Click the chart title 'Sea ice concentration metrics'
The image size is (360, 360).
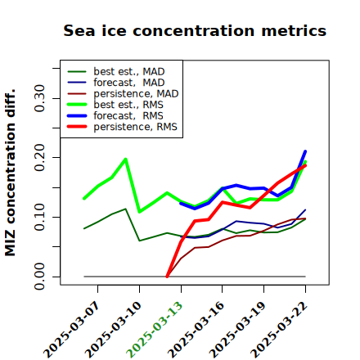195,30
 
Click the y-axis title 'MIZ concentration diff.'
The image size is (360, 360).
10,173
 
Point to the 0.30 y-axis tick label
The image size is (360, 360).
39,98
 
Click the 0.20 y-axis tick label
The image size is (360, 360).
39,158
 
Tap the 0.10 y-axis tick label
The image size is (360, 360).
39,217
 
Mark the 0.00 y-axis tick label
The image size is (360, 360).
39,277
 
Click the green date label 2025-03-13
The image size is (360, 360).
154,330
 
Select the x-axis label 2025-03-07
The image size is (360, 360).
71,330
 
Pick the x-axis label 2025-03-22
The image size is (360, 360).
279,330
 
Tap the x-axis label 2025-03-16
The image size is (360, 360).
196,330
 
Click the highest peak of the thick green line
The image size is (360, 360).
125,159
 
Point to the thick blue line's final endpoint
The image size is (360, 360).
305,151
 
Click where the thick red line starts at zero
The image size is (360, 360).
167,277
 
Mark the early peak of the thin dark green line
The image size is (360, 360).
125,209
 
